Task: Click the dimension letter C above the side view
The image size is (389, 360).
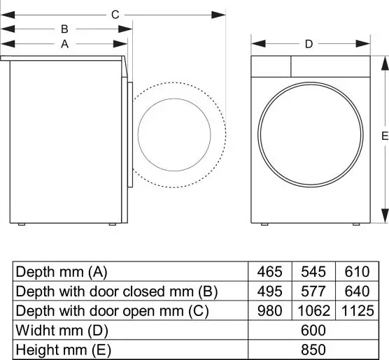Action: [115, 14]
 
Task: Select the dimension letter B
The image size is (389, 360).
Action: [64, 29]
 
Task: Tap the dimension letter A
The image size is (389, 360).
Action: [64, 44]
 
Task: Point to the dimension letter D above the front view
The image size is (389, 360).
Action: [309, 44]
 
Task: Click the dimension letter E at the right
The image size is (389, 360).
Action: [384, 137]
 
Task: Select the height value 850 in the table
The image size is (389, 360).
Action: [313, 350]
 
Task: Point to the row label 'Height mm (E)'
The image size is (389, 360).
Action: [63, 350]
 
